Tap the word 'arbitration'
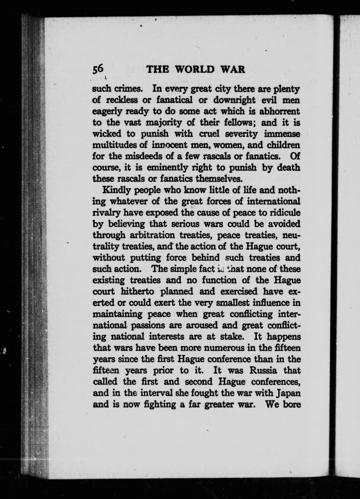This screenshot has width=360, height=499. pos(152,235)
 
